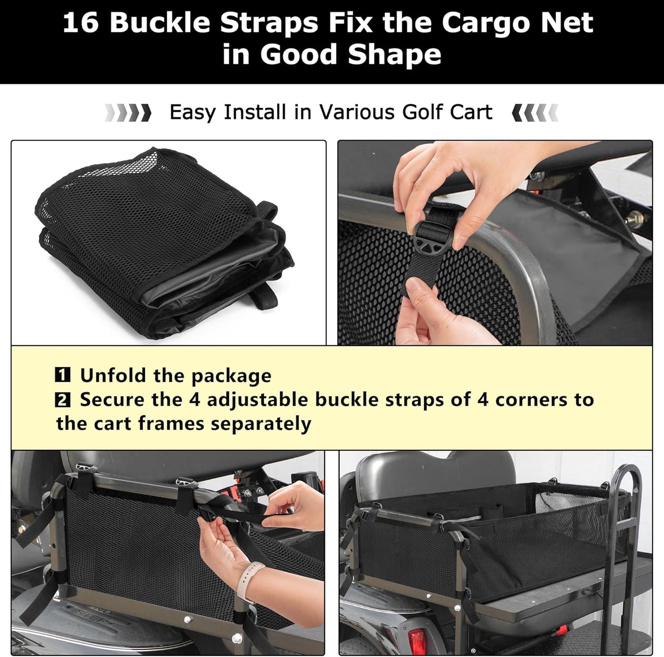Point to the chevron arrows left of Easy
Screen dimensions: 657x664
[x=128, y=113]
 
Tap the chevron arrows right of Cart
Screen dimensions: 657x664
[x=535, y=113]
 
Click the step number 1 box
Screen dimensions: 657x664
[x=62, y=375]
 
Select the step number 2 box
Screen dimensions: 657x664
[x=62, y=400]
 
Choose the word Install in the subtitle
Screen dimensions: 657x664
[x=255, y=112]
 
